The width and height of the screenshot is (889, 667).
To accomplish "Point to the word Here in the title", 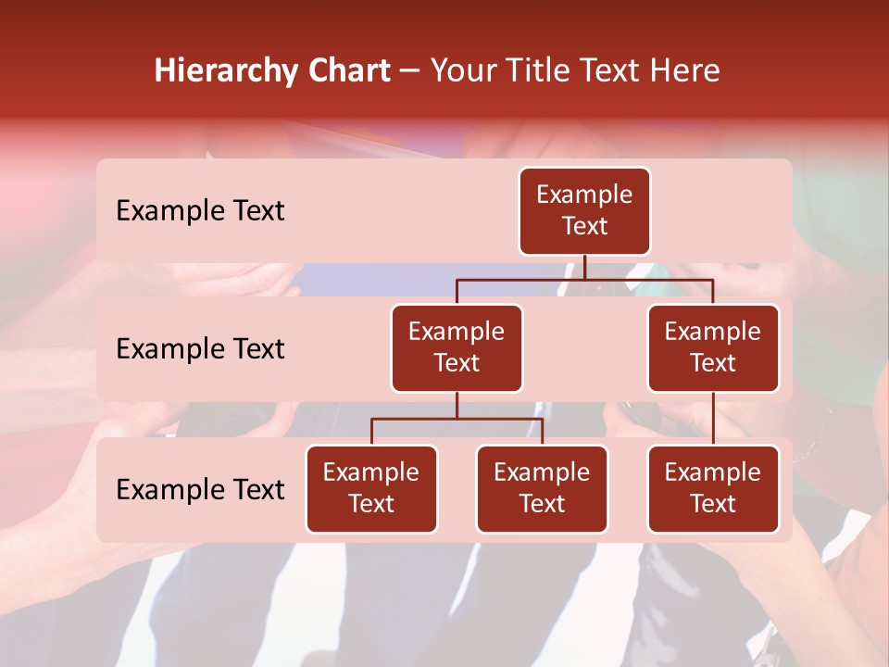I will point(683,71).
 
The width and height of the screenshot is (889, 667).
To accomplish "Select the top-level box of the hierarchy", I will point(584,211).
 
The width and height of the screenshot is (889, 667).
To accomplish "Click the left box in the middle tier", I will point(457,348).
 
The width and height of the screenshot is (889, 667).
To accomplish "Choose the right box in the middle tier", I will point(713,348).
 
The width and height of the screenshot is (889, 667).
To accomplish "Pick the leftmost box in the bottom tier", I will point(371,489).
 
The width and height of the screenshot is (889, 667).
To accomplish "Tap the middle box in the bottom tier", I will point(542,489).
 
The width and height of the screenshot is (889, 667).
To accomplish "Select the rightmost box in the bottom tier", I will point(713,489).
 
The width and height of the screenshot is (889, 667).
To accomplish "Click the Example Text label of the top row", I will point(200,211).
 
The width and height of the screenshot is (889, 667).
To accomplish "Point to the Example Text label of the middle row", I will point(200,349).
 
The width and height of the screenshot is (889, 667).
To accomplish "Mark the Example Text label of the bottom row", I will point(200,490).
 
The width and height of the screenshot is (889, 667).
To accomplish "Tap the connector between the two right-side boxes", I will point(713,419).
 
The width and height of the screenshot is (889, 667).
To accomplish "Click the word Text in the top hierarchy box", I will point(584,227).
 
